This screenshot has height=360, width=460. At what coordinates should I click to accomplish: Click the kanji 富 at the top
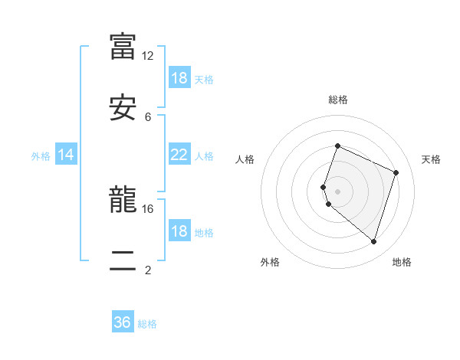tap(123, 45)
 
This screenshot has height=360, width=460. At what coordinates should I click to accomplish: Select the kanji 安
tap(123, 107)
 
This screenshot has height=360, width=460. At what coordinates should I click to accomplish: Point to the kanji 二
tap(123, 261)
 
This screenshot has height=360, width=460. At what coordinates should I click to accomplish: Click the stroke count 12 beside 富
tap(148, 56)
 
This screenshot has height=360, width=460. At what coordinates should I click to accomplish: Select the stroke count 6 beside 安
tap(148, 117)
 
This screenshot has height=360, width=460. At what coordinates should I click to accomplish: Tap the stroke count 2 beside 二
tap(148, 270)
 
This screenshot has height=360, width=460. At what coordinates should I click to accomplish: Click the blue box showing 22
tap(179, 155)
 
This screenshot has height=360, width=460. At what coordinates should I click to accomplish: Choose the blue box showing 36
tap(123, 322)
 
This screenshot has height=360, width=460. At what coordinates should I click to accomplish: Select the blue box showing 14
tap(66, 155)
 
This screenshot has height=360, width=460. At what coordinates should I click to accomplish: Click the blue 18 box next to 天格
tap(179, 78)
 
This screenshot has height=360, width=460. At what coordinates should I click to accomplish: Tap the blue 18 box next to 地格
tap(179, 231)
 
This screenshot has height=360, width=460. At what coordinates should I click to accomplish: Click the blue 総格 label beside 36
tap(147, 324)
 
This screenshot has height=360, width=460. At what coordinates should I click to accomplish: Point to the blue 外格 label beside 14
tap(41, 156)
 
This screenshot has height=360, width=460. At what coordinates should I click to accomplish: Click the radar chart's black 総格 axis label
tap(337, 100)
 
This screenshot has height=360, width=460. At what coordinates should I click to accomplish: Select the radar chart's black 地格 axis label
tap(402, 262)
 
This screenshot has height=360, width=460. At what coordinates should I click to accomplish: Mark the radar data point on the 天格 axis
tap(396, 172)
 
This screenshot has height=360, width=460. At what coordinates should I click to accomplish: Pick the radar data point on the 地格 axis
tap(373, 241)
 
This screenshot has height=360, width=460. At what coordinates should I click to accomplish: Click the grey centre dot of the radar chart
tap(337, 191)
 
